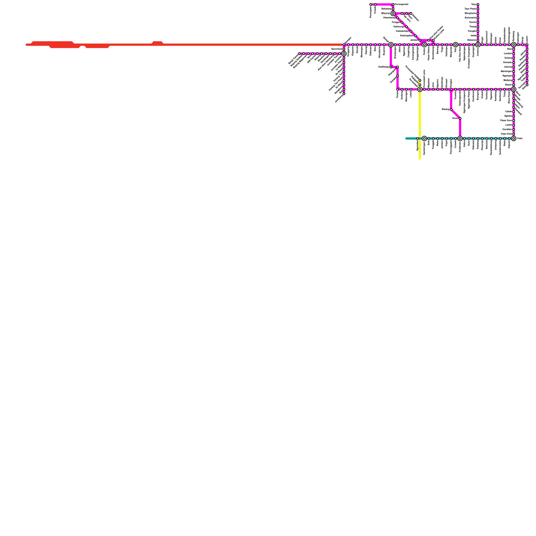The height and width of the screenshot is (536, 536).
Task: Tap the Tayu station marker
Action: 478,4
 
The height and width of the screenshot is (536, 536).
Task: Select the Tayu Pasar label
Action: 470,9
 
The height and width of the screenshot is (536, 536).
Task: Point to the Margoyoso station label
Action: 471,13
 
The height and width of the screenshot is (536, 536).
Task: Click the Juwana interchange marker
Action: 478,45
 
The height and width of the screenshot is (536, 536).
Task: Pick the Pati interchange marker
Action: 456,45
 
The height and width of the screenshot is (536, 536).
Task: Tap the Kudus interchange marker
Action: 424,45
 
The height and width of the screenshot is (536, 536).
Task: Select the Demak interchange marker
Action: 391,45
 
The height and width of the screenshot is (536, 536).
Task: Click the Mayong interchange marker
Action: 393,13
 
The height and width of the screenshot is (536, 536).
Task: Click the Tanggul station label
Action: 396,22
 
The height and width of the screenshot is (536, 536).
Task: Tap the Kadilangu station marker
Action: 391,67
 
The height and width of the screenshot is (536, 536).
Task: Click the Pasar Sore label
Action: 506,121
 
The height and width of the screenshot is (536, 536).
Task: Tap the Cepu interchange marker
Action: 514,138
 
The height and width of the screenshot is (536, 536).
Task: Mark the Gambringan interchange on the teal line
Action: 424,138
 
